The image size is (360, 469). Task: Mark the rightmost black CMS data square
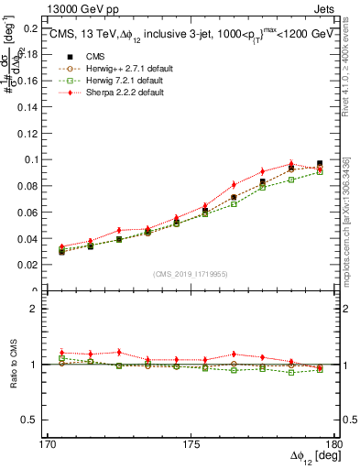320,164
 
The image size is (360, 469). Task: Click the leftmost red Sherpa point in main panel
61,246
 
